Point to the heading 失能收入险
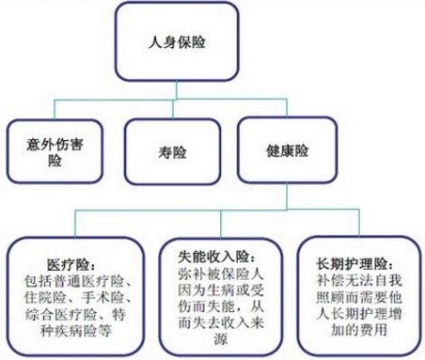211,255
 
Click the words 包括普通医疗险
70,279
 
